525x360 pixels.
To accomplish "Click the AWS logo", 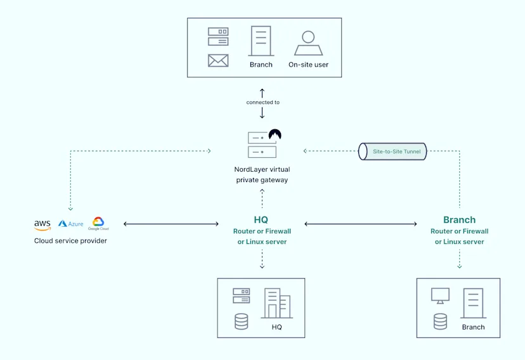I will [x=42, y=225].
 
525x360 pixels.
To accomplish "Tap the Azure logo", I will [x=70, y=224].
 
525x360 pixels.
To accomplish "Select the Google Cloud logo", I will [x=98, y=223].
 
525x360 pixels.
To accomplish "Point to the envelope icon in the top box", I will [x=217, y=61].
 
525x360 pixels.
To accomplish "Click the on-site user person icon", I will [x=308, y=43].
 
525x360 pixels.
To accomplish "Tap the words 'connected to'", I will [x=262, y=102].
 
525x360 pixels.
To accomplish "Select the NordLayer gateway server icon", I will [x=262, y=145].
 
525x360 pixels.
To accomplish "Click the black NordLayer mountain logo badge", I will [x=275, y=134].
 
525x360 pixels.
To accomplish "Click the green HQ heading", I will [x=261, y=220].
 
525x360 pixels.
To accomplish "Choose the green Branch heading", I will [x=459, y=220].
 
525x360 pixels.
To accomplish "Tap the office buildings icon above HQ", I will [x=276, y=304].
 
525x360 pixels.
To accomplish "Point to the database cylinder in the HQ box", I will [x=241, y=321].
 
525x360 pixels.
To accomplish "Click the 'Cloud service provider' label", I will [x=70, y=241].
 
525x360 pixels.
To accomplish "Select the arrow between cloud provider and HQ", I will [x=171, y=224].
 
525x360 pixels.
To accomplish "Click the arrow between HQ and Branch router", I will [x=360, y=224].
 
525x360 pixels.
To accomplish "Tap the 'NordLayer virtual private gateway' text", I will [x=261, y=175].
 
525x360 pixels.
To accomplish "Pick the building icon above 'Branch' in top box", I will [x=261, y=41].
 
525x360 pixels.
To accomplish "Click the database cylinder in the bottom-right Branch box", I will [x=440, y=321].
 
